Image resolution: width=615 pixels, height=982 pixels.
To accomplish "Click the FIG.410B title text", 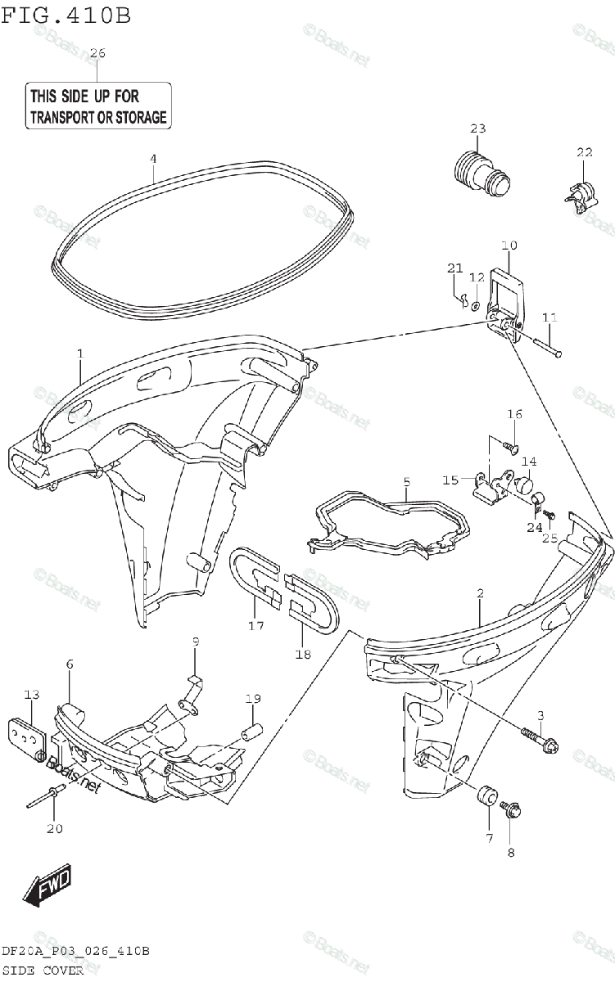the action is [x=66, y=16].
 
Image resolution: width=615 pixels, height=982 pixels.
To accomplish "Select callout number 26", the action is [x=97, y=53].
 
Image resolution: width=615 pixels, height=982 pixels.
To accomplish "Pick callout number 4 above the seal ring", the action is [x=152, y=158].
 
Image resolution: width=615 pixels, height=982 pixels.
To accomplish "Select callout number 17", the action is [x=256, y=626].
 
